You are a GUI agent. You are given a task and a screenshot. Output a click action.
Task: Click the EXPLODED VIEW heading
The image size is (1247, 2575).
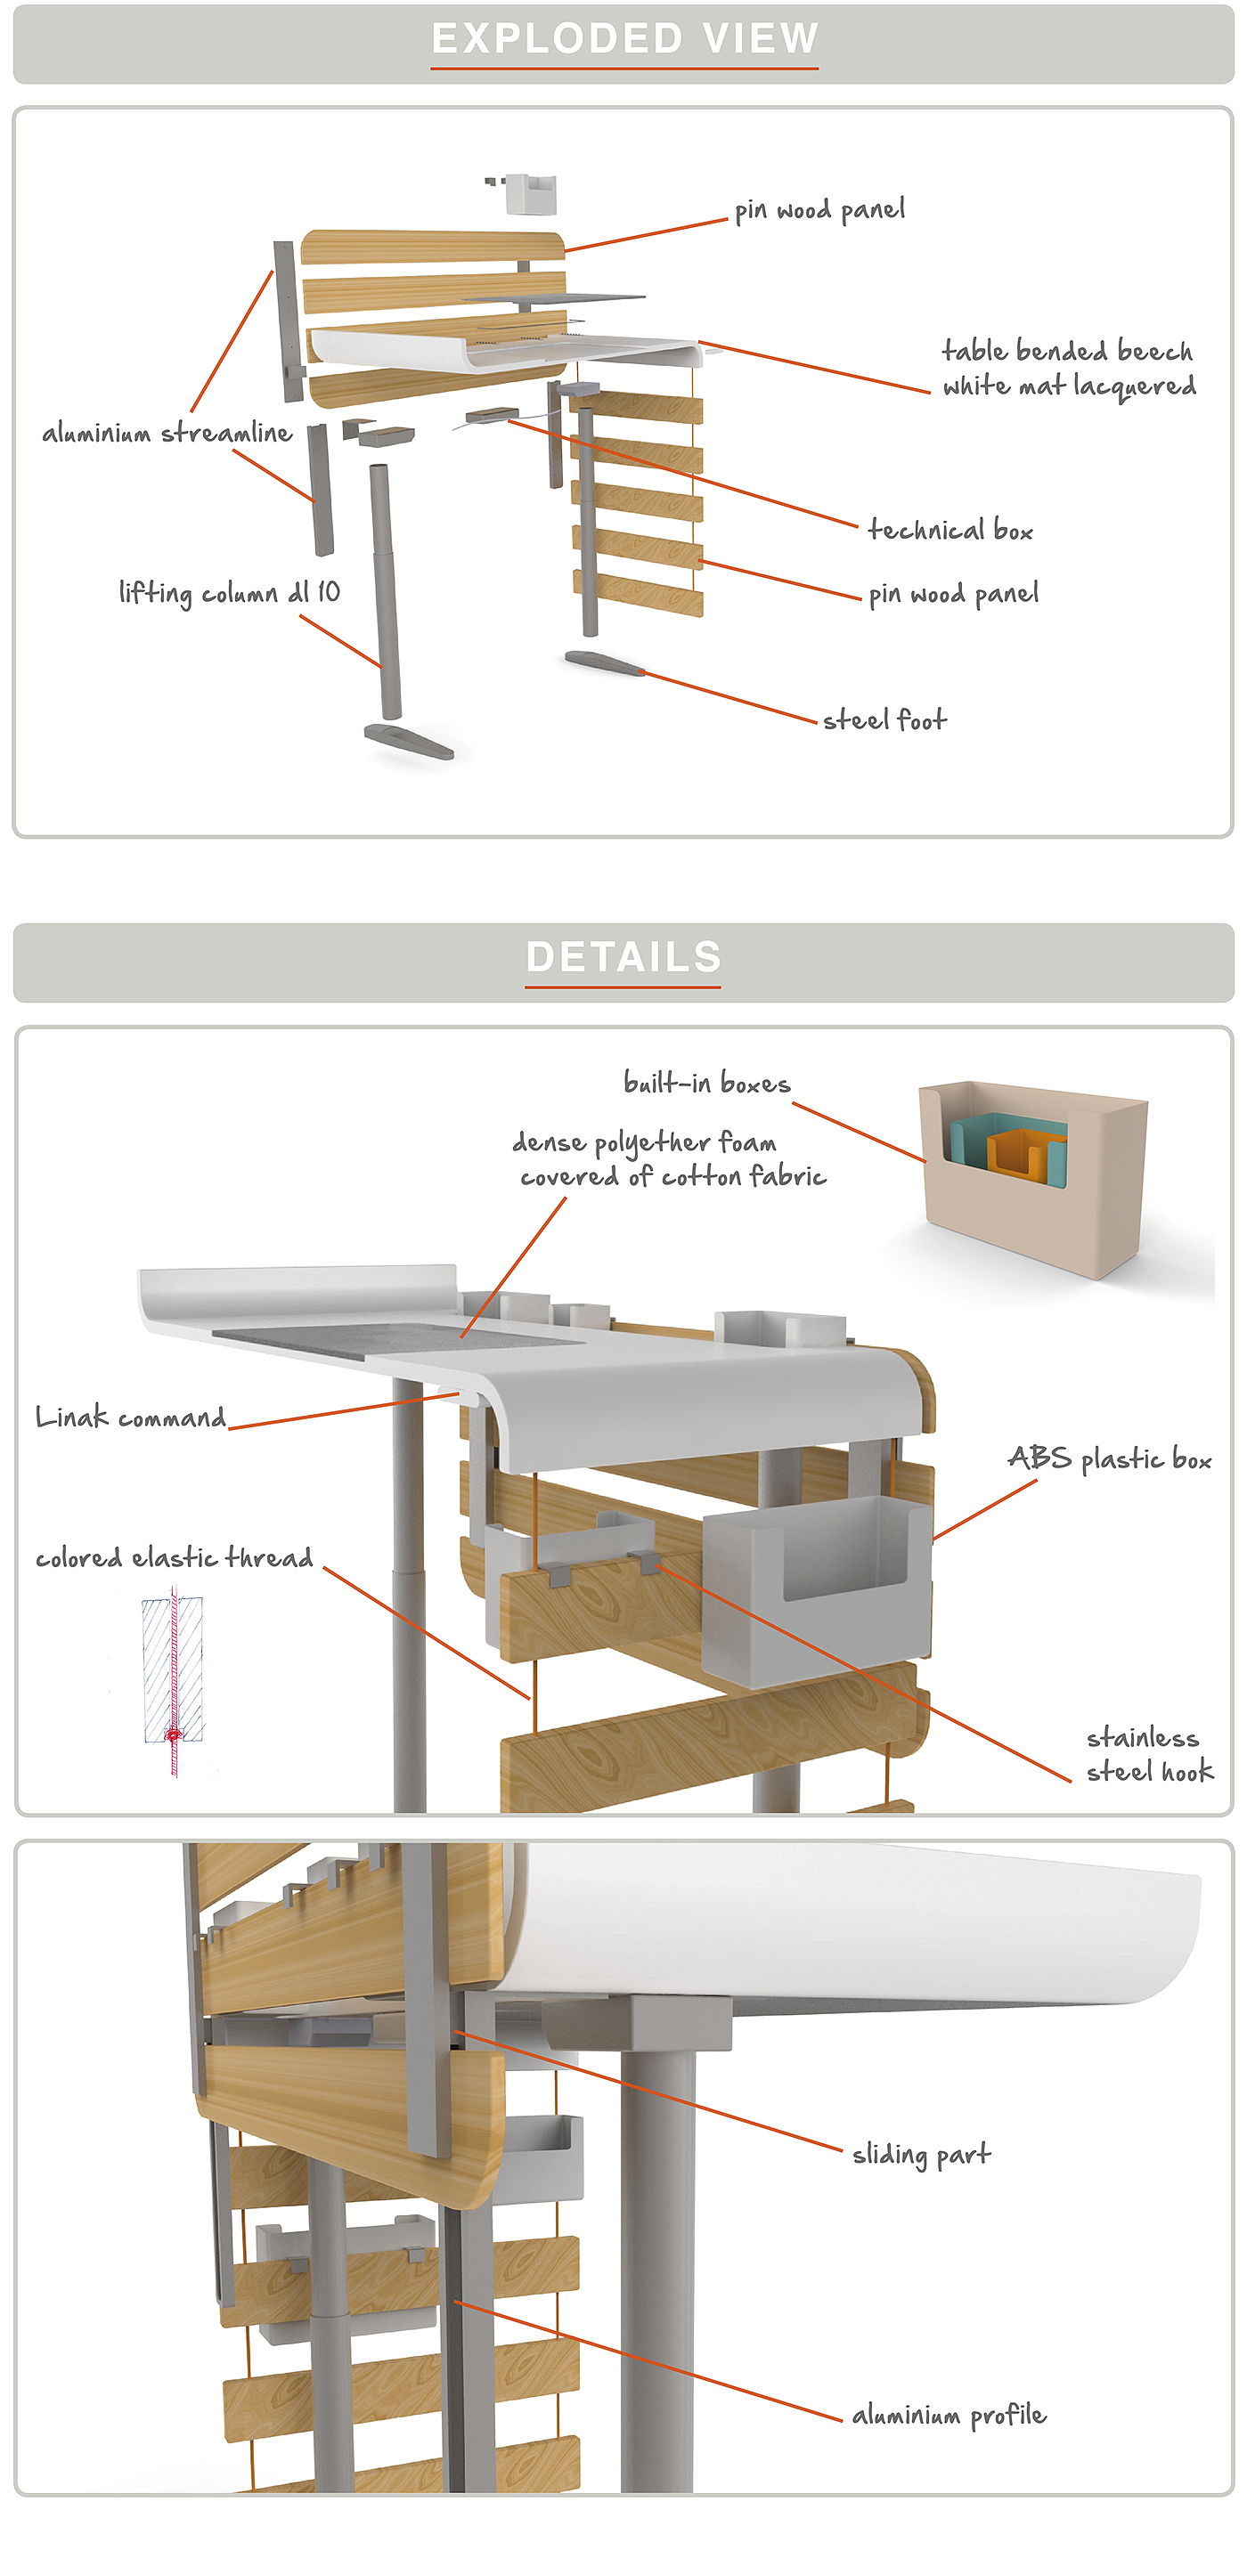[624, 39]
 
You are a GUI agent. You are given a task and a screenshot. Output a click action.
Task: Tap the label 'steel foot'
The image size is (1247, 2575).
[884, 719]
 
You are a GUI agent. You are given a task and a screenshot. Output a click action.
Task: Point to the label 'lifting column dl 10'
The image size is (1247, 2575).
[229, 593]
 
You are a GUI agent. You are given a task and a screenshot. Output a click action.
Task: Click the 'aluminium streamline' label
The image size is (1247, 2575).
[167, 433]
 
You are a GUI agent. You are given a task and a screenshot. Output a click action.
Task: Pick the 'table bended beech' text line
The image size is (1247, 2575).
[1067, 351]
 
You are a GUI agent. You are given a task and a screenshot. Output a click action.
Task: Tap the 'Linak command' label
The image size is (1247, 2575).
[131, 1417]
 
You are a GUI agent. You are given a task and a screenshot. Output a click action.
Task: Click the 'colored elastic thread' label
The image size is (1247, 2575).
[174, 1557]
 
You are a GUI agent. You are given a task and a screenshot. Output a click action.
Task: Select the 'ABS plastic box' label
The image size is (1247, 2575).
[1109, 1459]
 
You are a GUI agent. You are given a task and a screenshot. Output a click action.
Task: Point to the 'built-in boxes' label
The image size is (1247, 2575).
[707, 1084]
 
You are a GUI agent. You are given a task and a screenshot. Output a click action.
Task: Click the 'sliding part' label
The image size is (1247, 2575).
[921, 2154]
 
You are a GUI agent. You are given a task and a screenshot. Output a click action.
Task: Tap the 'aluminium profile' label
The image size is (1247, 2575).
[949, 2415]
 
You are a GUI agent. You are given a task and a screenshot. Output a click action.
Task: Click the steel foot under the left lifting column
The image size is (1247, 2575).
[409, 741]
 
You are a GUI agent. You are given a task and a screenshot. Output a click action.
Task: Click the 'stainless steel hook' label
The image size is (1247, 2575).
[1149, 1754]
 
